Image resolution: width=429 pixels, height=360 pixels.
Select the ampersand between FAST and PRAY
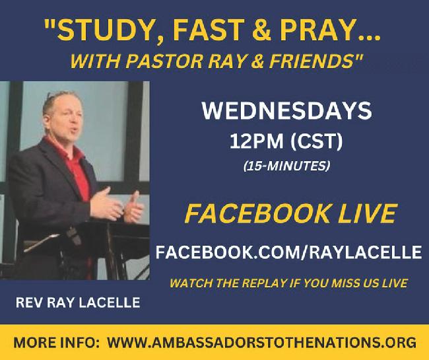261,30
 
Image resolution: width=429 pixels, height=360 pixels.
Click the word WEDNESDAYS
286,111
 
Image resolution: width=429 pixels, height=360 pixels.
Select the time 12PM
256,141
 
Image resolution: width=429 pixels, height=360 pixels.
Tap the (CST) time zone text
316,141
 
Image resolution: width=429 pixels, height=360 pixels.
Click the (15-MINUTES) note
286,166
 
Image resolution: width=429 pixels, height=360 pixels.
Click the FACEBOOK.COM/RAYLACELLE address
288,252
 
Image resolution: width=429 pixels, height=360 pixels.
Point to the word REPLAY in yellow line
264,283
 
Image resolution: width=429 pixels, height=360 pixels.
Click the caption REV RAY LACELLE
78,303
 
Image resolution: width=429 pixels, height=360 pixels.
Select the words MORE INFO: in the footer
54,342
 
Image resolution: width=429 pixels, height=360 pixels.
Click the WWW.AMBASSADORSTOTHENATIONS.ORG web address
262,342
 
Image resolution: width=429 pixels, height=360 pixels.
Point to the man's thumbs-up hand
133,207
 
